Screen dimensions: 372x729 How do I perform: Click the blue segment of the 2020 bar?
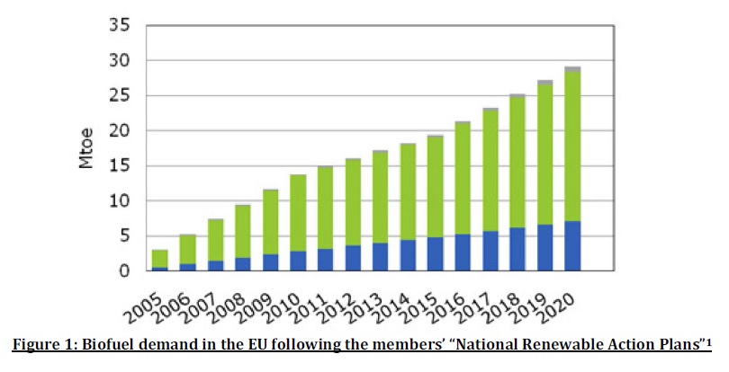(x=571, y=245)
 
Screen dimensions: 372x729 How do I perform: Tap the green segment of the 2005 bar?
(x=159, y=259)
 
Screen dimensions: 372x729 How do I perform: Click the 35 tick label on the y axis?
(x=121, y=25)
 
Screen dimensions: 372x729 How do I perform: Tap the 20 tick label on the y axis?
(x=121, y=131)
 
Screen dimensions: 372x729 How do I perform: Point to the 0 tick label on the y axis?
(x=126, y=271)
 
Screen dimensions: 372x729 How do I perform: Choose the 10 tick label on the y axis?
(x=121, y=201)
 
